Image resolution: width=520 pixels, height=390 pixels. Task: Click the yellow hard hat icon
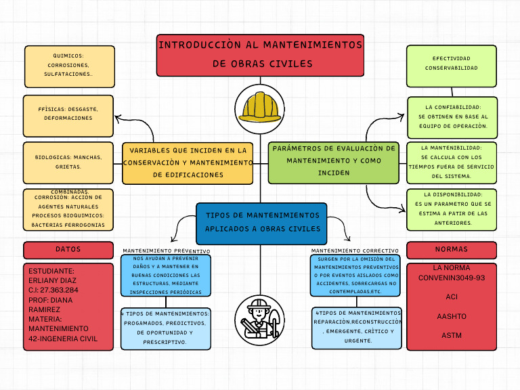tap(260, 107)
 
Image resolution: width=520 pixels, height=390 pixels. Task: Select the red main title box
tap(260, 55)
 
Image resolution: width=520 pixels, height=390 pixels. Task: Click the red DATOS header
tap(68, 250)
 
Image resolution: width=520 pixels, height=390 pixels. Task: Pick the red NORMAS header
tap(452, 250)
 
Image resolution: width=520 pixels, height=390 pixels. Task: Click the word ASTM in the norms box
tap(452, 335)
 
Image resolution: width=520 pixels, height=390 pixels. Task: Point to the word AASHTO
tap(452, 316)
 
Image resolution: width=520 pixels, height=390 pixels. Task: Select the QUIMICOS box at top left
tap(68, 66)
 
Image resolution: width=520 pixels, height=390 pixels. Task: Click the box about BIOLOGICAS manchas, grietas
tap(68, 162)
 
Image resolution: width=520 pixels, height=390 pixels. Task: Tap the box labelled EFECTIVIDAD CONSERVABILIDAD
tap(452, 65)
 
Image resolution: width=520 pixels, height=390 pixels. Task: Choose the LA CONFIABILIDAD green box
tap(452, 117)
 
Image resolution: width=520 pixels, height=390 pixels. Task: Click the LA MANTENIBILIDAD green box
tap(452, 162)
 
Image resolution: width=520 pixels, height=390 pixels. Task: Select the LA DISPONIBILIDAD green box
tap(452, 209)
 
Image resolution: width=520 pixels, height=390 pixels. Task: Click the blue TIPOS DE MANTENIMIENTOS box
tap(261, 223)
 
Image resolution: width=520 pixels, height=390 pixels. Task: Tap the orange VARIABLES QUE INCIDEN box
tap(188, 163)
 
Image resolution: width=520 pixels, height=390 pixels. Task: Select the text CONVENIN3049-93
tap(452, 278)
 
